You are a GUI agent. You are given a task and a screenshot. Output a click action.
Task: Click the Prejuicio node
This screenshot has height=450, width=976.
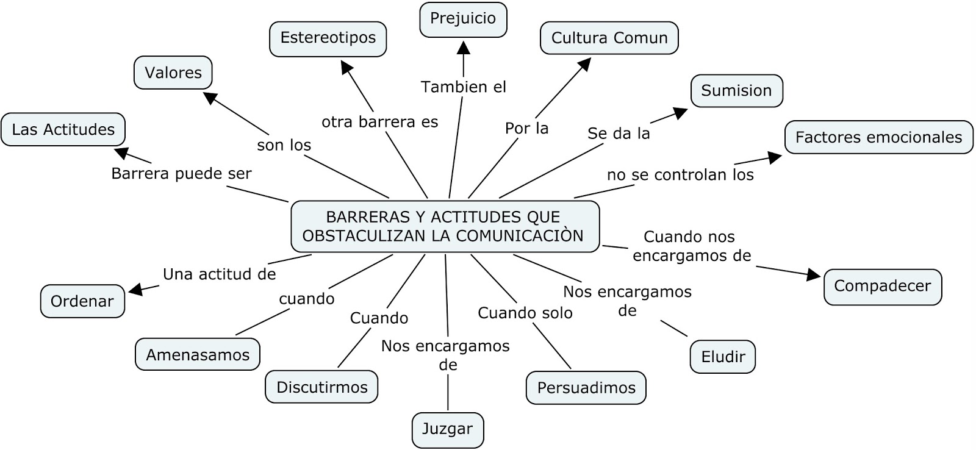point(463,19)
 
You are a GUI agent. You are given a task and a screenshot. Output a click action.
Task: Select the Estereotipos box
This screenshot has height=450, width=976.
point(328,38)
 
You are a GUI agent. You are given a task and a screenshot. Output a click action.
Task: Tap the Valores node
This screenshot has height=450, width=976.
point(173,73)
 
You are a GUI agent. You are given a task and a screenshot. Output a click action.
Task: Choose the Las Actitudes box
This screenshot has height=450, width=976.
point(63,129)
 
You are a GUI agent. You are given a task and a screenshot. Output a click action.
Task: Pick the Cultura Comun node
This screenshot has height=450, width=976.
point(609,38)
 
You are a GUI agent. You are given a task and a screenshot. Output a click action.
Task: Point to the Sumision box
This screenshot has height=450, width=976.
point(736,91)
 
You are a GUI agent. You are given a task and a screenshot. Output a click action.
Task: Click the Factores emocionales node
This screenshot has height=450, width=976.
point(878,137)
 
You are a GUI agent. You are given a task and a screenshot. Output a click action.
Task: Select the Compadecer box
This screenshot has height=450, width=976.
point(882,286)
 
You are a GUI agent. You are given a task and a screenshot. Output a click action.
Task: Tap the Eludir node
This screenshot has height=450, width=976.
point(723,357)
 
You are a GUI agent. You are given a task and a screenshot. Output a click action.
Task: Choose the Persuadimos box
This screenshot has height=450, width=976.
point(586,388)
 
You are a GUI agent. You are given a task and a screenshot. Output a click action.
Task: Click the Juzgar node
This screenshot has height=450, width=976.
point(447,429)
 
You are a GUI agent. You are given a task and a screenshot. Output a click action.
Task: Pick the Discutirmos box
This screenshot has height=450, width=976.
point(321,387)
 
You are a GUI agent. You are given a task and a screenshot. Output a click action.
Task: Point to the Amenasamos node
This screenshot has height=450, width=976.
point(198,355)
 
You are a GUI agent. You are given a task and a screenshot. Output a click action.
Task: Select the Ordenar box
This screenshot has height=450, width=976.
point(82,301)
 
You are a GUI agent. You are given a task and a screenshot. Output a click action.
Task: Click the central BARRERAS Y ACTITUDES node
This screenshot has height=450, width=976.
point(445,226)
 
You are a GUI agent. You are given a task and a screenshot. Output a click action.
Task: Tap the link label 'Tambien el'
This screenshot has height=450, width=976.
point(464,87)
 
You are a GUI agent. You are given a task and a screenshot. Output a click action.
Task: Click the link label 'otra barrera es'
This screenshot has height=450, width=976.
point(380,122)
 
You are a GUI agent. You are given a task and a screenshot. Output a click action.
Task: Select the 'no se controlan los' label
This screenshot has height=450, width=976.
point(680,175)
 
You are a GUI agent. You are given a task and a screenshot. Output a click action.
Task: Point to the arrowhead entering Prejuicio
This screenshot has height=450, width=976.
point(464,47)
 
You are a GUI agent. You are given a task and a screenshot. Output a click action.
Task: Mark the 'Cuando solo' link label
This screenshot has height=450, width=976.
point(525,313)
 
